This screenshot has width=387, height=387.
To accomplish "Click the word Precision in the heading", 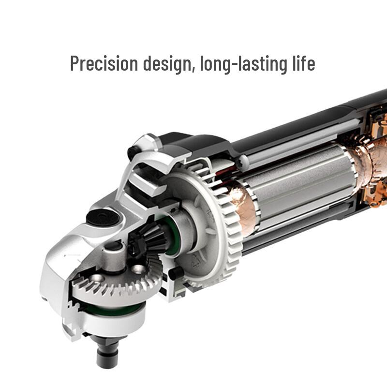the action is pyautogui.click(x=104, y=63).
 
